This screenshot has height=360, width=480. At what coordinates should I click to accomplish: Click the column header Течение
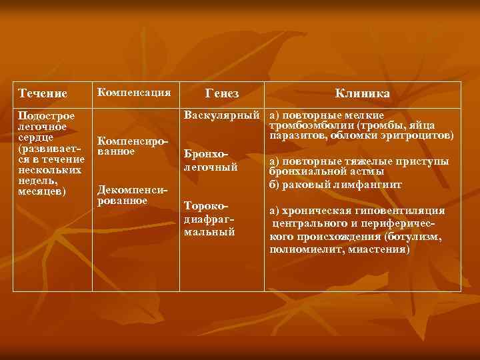(43, 93)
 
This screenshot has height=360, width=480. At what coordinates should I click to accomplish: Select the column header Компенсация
(134, 91)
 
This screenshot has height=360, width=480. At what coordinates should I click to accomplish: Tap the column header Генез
(223, 93)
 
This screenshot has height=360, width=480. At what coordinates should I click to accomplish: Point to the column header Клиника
(362, 93)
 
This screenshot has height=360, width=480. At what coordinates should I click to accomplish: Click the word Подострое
(47, 117)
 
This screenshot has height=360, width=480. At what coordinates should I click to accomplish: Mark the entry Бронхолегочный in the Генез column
(211, 161)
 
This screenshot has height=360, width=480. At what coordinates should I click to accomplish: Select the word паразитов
(296, 135)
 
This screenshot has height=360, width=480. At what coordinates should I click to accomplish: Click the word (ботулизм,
(414, 237)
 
